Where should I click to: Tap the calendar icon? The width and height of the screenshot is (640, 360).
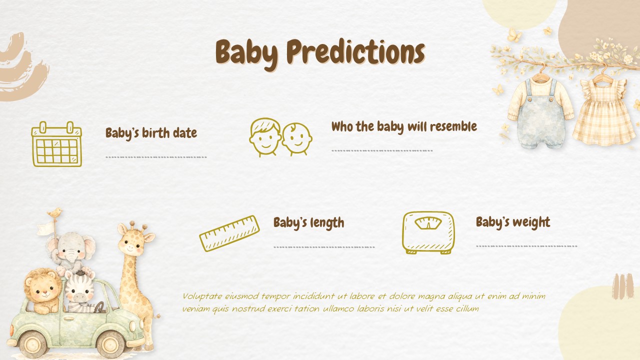coord(56,144)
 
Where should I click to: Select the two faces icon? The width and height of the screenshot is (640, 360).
coord(280,137)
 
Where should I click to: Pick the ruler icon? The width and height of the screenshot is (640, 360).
coord(229,233)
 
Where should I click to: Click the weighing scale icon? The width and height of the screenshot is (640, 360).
coord(428,232)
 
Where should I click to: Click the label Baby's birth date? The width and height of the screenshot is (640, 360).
coord(151,133)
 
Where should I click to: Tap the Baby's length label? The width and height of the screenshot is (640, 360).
coord(308,222)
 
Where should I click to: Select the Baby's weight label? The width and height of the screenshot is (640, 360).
coord(512,222)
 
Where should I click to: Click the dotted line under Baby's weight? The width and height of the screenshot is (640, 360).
coord(526,246)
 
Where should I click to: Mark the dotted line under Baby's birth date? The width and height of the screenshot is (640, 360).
coord(156,157)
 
